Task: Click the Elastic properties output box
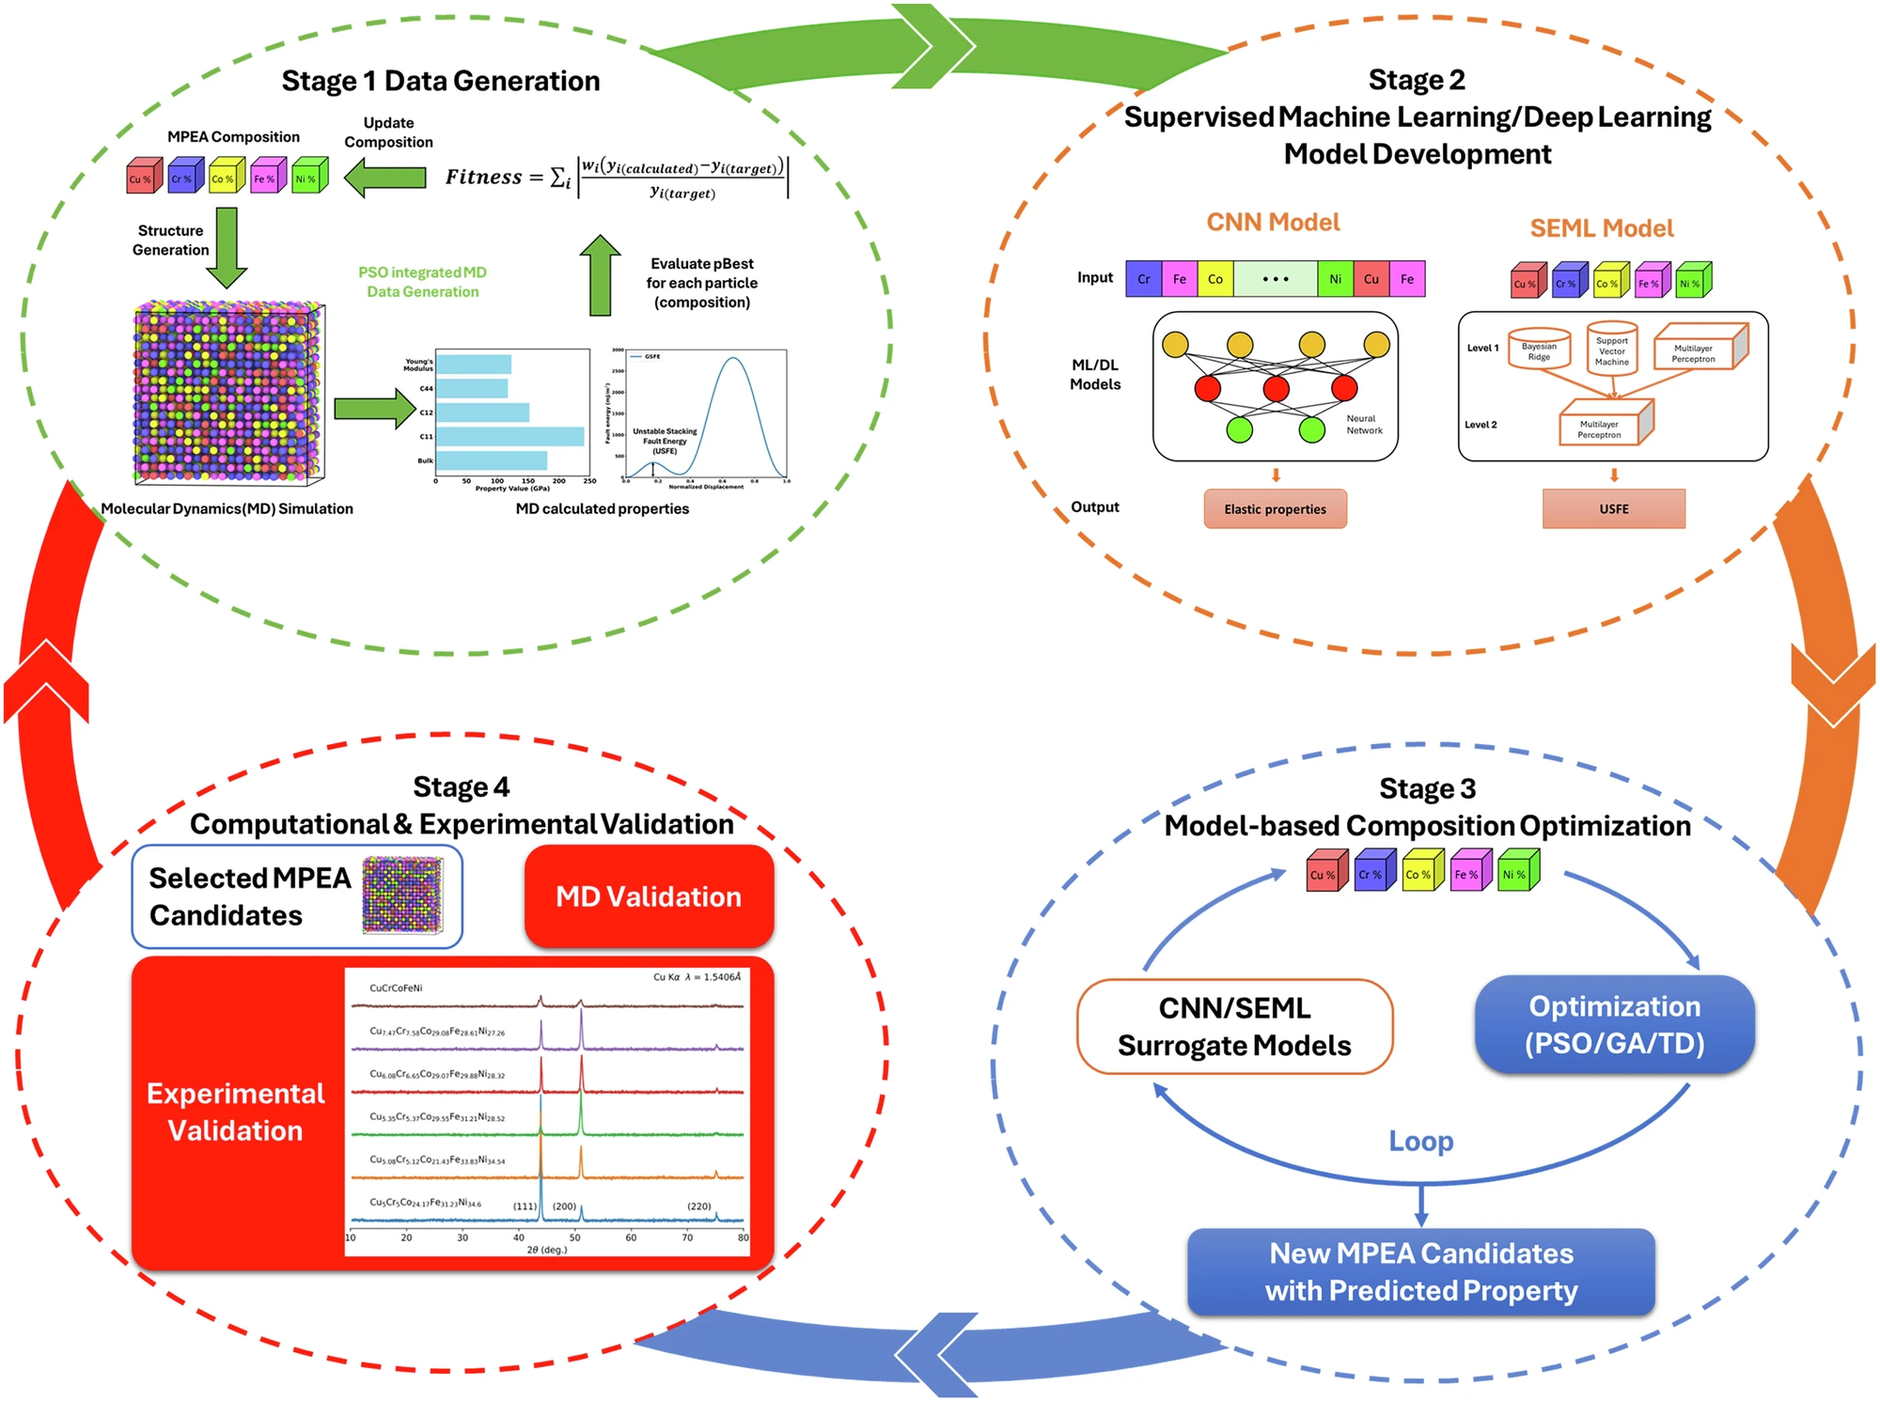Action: click(x=1275, y=509)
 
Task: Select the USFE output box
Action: click(x=1613, y=509)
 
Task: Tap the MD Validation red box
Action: click(x=649, y=896)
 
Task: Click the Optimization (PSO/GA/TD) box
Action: click(x=1614, y=1024)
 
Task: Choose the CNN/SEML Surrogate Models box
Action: click(x=1234, y=1026)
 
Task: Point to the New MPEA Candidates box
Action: click(x=1420, y=1271)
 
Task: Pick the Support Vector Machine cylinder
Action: click(x=1611, y=350)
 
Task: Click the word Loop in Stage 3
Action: click(x=1420, y=1141)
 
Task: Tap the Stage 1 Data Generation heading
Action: click(x=440, y=81)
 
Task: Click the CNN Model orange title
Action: click(x=1273, y=223)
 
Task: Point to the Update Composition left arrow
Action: click(x=385, y=177)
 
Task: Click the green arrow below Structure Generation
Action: click(x=227, y=247)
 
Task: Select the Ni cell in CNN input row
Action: click(x=1335, y=279)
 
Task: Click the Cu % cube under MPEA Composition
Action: click(x=143, y=177)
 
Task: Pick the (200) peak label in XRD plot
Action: click(x=564, y=1206)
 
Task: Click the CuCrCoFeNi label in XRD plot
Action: click(x=396, y=988)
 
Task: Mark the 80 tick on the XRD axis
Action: click(x=743, y=1238)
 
